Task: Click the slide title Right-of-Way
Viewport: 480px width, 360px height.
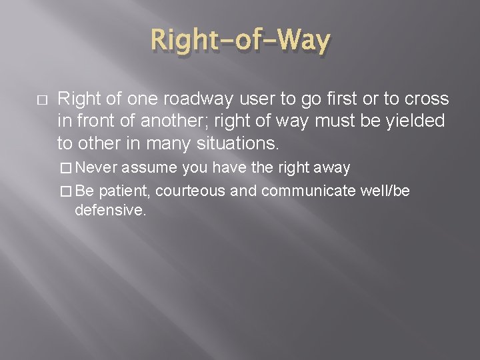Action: (240, 42)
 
